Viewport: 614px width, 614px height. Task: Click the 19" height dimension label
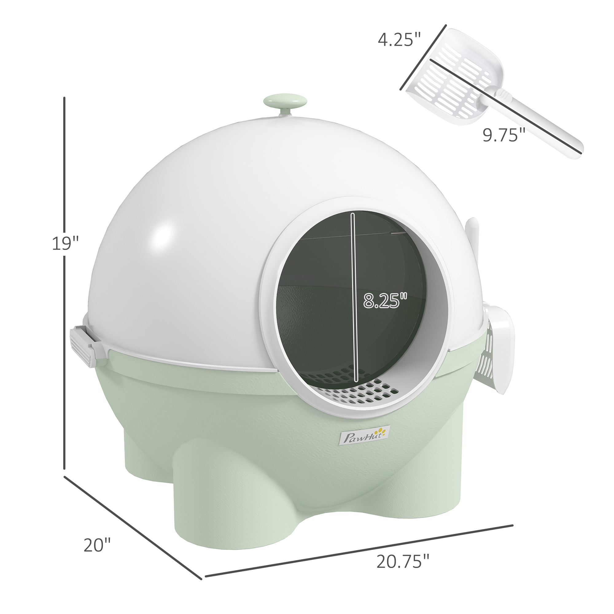click(x=65, y=244)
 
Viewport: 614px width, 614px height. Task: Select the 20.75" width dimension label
click(x=403, y=561)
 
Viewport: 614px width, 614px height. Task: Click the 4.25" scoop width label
click(x=399, y=40)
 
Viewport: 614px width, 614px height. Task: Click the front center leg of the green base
click(x=204, y=496)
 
